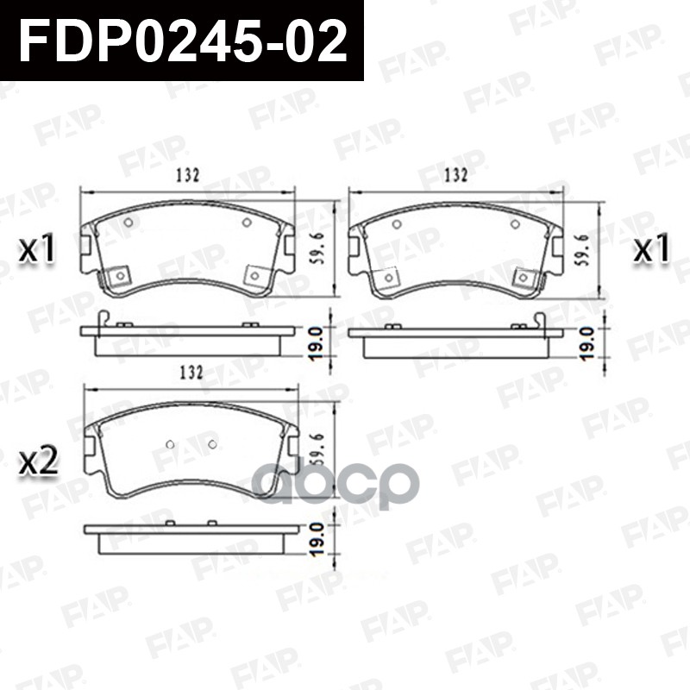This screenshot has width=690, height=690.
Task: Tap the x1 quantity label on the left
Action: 38,250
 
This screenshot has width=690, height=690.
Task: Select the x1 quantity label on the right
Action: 652,250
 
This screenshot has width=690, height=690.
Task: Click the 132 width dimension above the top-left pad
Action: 188,176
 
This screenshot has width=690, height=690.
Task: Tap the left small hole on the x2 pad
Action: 169,445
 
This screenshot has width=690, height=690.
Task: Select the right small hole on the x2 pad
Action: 212,445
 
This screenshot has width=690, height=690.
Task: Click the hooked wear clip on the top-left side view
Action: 102,319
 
